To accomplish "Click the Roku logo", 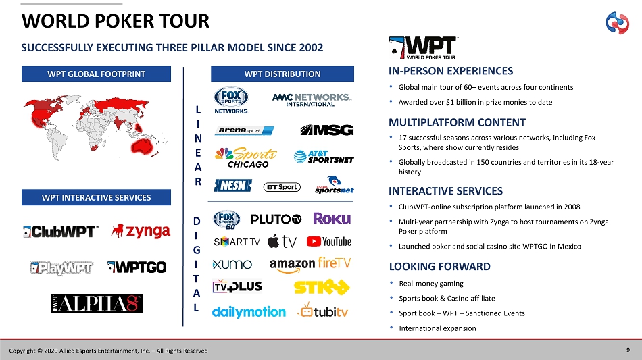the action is coord(332,219).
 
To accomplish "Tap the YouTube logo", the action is coord(329,242).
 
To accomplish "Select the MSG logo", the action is coord(326,130).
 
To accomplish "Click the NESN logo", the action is coord(233,186).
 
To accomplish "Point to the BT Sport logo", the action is coord(282,187).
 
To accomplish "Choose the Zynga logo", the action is coord(141,231).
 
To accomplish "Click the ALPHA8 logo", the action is coord(97,303).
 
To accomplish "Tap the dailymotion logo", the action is coord(249,312).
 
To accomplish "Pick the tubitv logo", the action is coord(322,311).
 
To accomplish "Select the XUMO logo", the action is coord(232,265).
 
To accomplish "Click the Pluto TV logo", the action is coord(276,220).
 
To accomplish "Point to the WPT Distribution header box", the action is coord(282,74).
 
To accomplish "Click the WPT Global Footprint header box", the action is coord(96,74).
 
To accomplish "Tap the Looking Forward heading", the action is coord(440,267).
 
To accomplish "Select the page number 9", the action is coord(628,350).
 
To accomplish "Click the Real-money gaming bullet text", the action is coord(431,284).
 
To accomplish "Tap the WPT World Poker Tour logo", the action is coord(423,48).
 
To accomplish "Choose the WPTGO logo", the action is coord(137,267).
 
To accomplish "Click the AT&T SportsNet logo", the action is coord(324,157).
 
